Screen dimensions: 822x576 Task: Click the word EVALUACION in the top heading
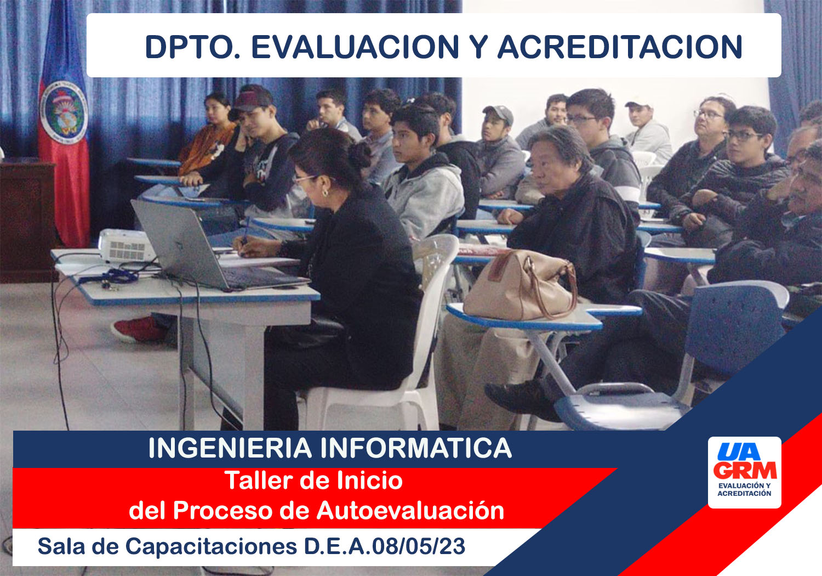(355, 47)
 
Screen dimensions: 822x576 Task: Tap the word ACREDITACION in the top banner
(620, 47)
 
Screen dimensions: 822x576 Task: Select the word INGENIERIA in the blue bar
(230, 448)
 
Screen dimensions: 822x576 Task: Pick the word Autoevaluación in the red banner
(410, 511)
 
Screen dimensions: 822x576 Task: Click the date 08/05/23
(419, 546)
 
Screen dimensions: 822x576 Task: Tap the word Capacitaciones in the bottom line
(211, 547)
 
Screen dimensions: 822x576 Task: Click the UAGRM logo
(744, 472)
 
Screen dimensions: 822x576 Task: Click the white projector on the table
(126, 245)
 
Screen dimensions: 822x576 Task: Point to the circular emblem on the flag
(64, 112)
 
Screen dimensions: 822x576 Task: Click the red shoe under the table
(139, 329)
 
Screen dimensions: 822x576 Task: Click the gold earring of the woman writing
(325, 193)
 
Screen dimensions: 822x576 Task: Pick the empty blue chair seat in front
(620, 408)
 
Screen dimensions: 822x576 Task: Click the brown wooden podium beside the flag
(27, 221)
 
